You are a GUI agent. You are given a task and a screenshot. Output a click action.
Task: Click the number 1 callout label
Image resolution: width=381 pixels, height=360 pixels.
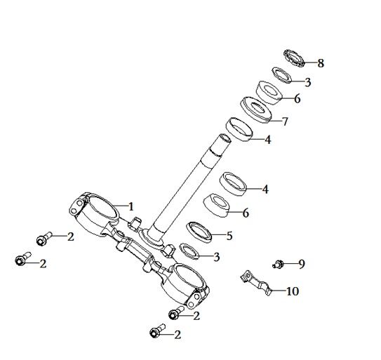point(131,206)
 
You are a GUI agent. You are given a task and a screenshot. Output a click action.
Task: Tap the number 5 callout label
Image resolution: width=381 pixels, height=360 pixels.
point(229,236)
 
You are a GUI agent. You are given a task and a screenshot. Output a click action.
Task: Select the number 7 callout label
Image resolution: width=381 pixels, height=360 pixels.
point(285,121)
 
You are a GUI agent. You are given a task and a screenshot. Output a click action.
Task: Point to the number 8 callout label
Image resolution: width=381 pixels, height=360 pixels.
point(321,63)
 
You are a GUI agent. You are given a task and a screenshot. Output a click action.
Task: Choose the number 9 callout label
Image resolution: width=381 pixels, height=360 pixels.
point(302,264)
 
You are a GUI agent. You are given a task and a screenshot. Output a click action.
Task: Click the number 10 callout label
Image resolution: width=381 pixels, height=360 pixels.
point(293,291)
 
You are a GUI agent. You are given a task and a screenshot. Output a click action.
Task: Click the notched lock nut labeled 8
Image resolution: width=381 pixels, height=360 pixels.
point(294,58)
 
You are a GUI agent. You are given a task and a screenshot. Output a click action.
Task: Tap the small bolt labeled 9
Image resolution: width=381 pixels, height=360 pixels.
point(279,264)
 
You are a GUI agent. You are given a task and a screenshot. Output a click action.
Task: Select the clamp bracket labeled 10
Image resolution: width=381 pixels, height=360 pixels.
point(255,283)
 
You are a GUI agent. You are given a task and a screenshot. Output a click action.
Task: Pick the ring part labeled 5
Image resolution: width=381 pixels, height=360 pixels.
point(199,232)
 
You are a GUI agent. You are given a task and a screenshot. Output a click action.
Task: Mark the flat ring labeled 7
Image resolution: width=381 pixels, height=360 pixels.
point(255,110)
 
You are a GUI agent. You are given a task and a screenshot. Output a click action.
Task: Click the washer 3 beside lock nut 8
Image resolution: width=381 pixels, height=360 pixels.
point(281,75)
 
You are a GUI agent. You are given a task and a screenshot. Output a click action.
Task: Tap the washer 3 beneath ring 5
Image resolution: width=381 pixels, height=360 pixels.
point(189,252)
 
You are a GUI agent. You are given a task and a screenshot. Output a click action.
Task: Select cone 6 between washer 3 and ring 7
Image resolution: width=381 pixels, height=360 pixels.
point(269,93)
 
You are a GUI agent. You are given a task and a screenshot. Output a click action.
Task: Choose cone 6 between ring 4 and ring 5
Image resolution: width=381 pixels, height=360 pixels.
point(216,205)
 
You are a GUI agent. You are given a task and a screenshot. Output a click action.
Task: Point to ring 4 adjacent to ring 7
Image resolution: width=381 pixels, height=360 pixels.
point(239,129)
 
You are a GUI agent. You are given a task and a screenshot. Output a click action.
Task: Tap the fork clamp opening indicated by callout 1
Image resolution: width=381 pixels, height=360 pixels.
point(102,208)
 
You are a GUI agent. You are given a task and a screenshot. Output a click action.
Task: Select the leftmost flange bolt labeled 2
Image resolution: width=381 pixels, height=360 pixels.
point(23,259)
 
